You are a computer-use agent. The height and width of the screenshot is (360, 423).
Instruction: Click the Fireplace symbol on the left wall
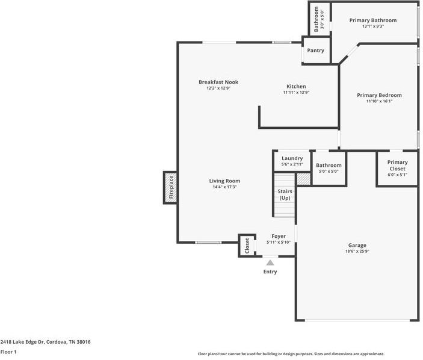[170, 187]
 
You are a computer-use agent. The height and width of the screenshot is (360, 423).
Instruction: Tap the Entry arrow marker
[270, 262]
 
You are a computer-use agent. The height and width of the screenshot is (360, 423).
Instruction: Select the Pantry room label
[315, 51]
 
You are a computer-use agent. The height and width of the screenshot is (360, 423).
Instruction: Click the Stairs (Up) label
[285, 194]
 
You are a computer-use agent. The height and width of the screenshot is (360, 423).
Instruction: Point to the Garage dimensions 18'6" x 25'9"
[357, 252]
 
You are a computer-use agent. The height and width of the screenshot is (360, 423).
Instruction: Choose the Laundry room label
[292, 158]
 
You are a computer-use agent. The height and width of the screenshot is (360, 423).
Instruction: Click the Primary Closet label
[397, 166]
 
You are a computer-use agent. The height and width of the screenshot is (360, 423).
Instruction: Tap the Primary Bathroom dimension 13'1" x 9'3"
[373, 26]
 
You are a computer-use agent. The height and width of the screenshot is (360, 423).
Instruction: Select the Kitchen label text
[295, 86]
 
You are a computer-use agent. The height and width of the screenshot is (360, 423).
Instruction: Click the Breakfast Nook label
[218, 82]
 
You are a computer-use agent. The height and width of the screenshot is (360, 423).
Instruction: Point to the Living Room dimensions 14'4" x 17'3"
[224, 187]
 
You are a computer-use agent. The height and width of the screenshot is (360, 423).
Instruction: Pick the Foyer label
[279, 236]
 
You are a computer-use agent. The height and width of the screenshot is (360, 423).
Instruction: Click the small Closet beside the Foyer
[246, 246]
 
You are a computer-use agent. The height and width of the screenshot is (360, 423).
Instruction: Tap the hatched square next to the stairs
[303, 179]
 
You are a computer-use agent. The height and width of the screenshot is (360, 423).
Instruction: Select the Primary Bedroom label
[379, 95]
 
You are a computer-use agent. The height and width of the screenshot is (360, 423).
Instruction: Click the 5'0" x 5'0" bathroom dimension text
[329, 172]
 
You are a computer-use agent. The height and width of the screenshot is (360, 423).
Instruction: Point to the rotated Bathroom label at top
[316, 19]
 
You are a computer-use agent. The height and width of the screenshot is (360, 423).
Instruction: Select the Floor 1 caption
[8, 352]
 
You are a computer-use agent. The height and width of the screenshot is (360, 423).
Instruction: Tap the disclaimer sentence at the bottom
[291, 354]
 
